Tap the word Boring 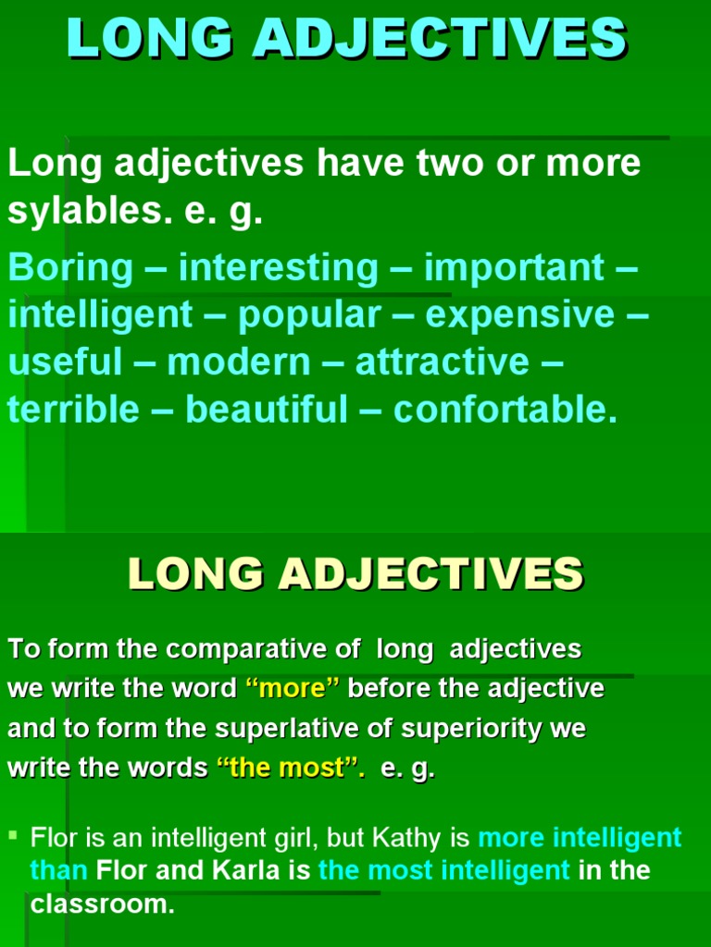pos(71,268)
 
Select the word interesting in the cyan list pos(279,268)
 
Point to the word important pos(514,268)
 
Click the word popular pos(309,315)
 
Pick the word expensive pos(520,315)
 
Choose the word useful pos(65,362)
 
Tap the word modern pos(239,362)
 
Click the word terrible pos(73,409)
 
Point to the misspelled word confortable pos(505,409)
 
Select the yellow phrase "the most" pos(290,769)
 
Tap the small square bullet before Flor pos(14,836)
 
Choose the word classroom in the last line pos(103,904)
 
